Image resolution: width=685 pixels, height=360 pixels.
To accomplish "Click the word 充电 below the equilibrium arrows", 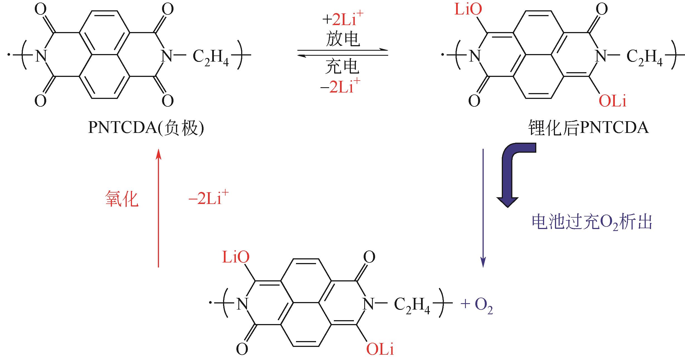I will (x=342, y=67).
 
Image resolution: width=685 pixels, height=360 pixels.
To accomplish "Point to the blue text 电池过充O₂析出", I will (x=592, y=223).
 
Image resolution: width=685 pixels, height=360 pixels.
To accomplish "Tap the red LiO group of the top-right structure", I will (x=468, y=10).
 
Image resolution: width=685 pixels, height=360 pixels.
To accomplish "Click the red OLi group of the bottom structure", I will (x=380, y=349).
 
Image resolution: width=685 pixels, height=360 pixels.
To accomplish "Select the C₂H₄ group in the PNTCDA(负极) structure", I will (x=211, y=57).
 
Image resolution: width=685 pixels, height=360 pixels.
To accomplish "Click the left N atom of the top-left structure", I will (x=41, y=56).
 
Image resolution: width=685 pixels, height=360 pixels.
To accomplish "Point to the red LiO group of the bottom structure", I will (x=236, y=257).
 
